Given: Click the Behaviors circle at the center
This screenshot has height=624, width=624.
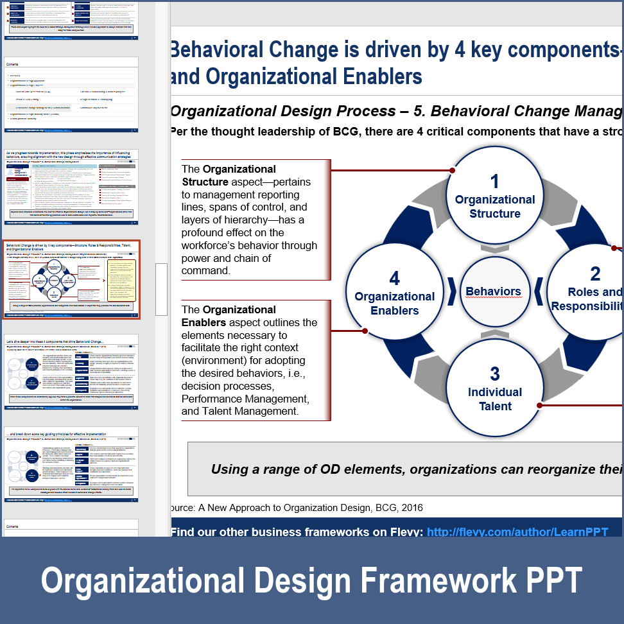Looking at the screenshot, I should pyautogui.click(x=493, y=292).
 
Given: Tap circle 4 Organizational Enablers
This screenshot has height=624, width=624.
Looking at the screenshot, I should pyautogui.click(x=394, y=293).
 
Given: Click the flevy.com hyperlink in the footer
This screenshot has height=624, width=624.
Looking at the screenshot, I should pyautogui.click(x=517, y=532).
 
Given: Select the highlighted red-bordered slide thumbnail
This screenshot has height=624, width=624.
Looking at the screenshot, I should pyautogui.click(x=71, y=281).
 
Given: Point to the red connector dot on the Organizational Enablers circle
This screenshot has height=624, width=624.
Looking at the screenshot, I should pyautogui.click(x=365, y=331).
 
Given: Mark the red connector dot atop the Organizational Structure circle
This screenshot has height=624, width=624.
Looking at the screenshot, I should pyautogui.click(x=453, y=171).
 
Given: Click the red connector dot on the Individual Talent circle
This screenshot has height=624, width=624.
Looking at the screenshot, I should pyautogui.click(x=539, y=405).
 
